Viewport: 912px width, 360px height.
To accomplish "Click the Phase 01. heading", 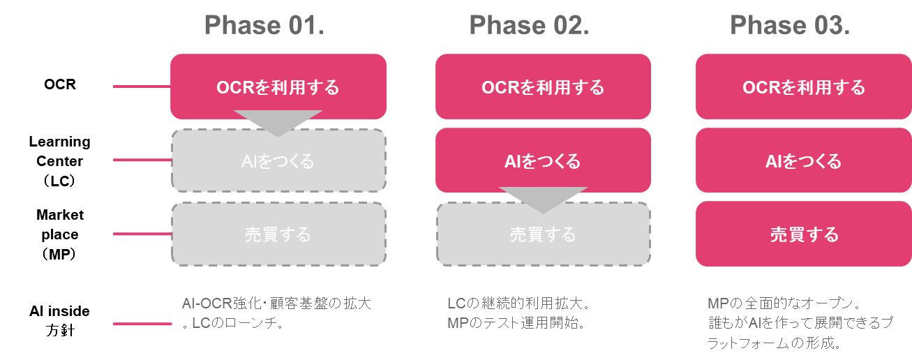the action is coord(264,25).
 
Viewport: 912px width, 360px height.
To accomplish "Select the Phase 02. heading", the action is coord(530,25).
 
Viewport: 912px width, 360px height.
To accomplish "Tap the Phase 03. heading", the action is coord(790,25).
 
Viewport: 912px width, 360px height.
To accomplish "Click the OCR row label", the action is coord(60,84).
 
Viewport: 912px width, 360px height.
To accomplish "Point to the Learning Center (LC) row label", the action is coord(60,161).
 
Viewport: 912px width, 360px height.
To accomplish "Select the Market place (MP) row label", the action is coord(60,234).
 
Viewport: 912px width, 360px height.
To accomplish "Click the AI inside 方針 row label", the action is coord(60,320).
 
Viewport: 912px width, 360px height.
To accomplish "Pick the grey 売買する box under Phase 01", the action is coord(278,234).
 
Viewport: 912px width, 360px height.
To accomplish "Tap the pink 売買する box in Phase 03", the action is coord(804,234).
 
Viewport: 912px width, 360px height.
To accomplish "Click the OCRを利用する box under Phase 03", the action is coord(804,87).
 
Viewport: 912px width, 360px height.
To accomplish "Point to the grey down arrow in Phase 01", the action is coord(278,121).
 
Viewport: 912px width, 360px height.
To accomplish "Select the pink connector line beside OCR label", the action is coord(142,87).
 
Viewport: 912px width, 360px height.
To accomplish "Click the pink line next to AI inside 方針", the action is coord(142,324).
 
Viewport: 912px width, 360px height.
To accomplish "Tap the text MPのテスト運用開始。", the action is coord(517,323).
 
